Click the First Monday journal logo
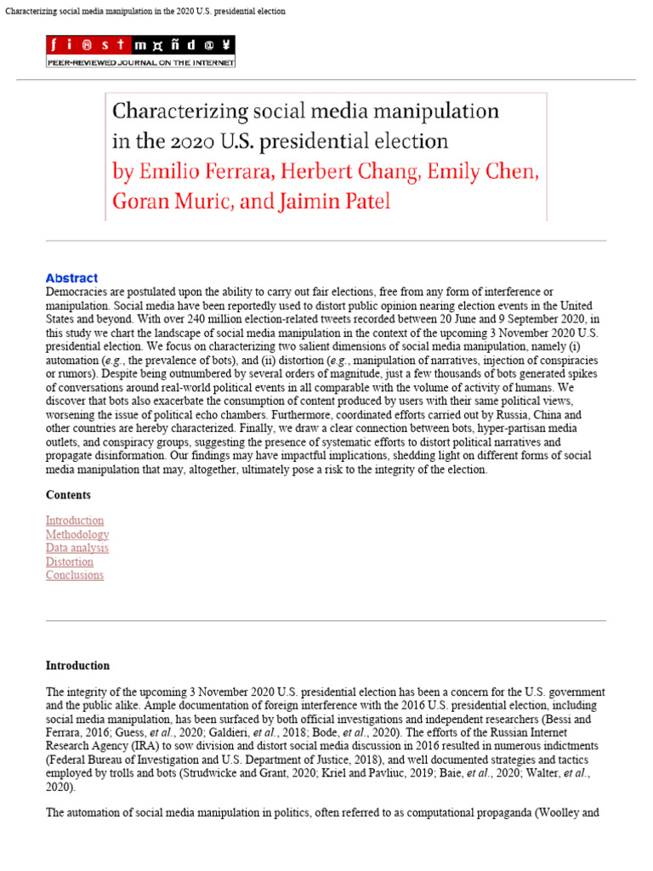tap(141, 45)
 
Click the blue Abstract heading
tap(71, 278)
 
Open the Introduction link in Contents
tap(75, 521)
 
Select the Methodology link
tap(77, 534)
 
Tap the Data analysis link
tap(77, 548)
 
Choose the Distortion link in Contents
tap(70, 561)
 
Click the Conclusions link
tap(75, 575)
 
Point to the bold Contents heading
tap(68, 495)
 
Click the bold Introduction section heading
tap(77, 666)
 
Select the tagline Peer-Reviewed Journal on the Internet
tap(141, 62)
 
